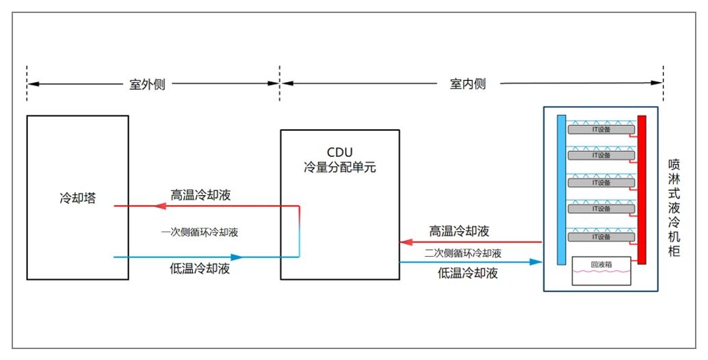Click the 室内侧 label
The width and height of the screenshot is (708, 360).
468,84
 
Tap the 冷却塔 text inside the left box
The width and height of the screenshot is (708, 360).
77,199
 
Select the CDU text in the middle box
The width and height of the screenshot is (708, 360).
339,152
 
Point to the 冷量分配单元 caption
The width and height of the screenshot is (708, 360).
339,166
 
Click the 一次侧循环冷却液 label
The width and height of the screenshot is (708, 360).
200,232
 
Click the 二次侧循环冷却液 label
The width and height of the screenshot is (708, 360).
462,253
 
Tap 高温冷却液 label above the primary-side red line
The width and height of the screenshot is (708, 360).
200,194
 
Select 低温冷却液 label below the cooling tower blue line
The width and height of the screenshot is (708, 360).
200,269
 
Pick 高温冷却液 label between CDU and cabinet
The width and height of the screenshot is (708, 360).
459,231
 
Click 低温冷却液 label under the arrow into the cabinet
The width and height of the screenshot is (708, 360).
467,274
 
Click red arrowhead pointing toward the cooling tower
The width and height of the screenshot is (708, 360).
161,205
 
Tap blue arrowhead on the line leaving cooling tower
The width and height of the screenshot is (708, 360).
237,257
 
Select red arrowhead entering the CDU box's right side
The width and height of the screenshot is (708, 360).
406,242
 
